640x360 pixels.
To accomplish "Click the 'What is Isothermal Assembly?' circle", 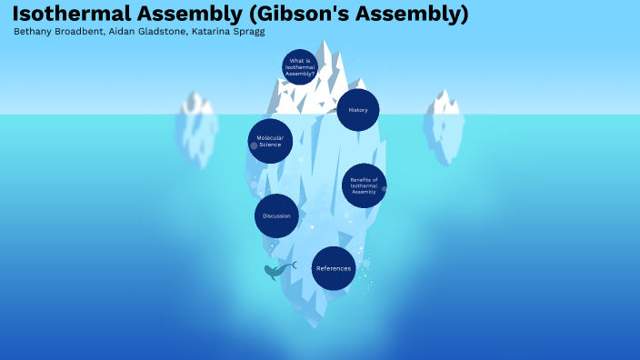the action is tap(300, 67).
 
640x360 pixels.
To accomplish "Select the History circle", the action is tap(357, 110).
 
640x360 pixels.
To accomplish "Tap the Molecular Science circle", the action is tap(270, 141).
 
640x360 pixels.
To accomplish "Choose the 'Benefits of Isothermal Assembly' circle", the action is tap(364, 185).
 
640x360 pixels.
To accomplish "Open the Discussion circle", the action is tap(276, 215).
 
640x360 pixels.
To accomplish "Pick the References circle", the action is tap(333, 268).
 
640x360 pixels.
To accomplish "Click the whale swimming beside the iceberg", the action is tap(279, 270).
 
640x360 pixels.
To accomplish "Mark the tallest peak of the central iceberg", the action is tap(324, 40).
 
